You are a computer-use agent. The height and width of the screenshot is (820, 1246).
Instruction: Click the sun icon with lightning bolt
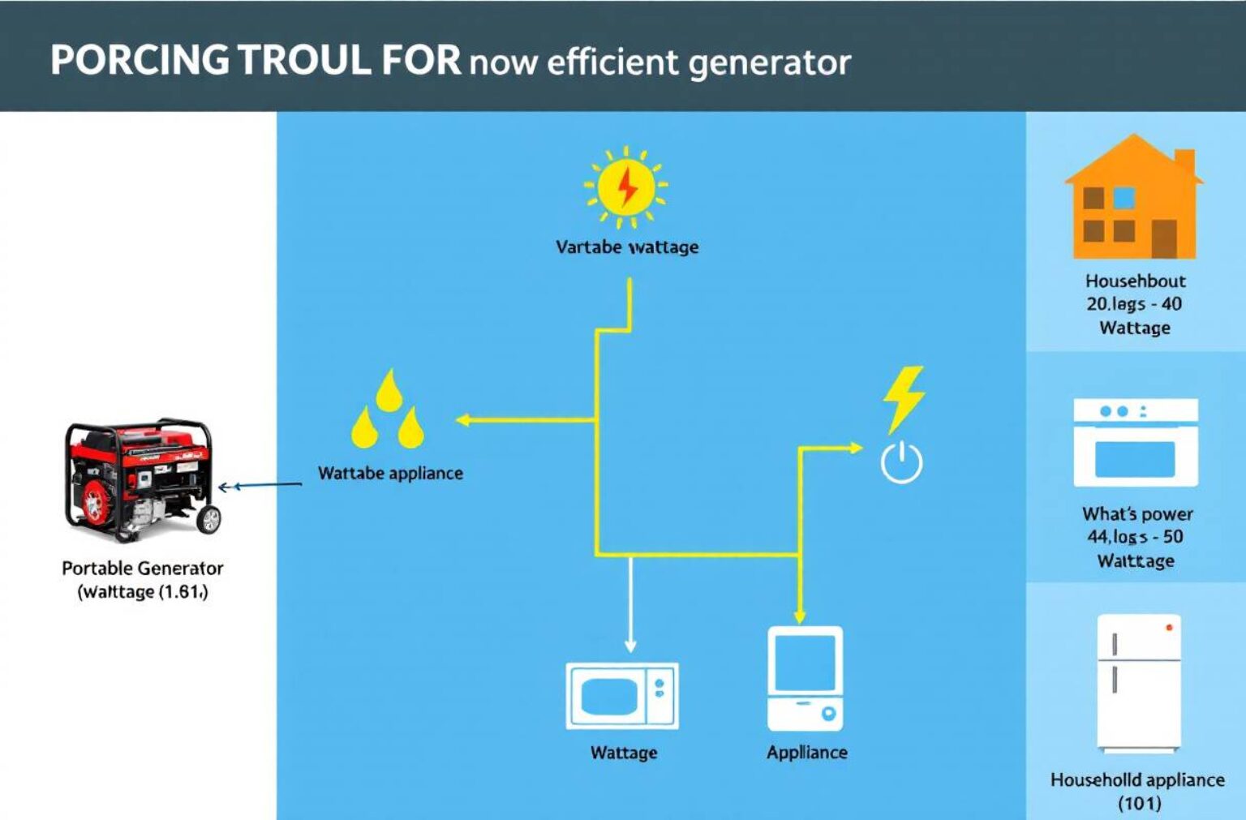point(625,187)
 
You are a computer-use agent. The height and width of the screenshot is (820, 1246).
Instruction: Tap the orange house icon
point(1134,199)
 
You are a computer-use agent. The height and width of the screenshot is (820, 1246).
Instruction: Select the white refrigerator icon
point(1138,683)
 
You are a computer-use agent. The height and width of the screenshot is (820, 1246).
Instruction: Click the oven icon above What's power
point(1135,443)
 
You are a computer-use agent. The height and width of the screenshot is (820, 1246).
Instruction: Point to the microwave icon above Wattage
point(622,696)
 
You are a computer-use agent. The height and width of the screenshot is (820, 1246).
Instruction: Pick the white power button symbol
point(901,463)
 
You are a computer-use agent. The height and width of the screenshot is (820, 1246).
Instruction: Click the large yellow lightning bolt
point(904,397)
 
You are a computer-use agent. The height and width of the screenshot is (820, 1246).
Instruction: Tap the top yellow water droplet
point(389,390)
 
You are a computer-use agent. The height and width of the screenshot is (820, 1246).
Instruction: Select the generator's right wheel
point(209,519)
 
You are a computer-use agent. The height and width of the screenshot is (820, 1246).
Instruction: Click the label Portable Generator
point(143,569)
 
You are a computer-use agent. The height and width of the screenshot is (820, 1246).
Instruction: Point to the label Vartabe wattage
point(627,247)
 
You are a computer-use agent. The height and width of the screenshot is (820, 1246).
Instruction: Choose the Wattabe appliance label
point(390,474)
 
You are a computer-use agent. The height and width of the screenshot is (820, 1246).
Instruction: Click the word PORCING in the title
point(140,61)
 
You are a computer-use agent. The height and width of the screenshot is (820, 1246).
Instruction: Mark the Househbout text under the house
point(1135,281)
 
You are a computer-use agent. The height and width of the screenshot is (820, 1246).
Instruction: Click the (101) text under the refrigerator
point(1139,803)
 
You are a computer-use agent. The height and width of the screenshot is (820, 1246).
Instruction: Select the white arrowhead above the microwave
point(630,646)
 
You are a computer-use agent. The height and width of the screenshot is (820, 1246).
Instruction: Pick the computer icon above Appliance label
point(806,678)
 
